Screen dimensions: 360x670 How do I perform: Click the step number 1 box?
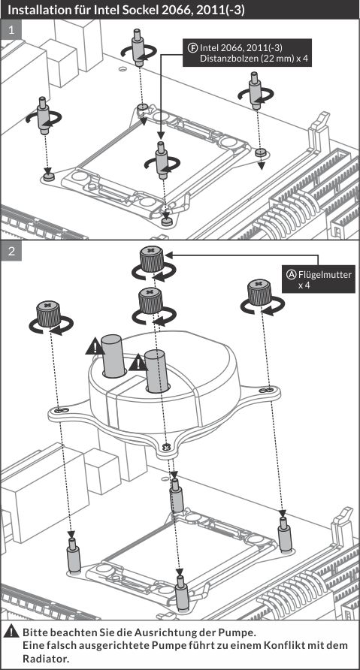[x=11, y=30]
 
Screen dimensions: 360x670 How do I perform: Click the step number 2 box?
[x=11, y=251]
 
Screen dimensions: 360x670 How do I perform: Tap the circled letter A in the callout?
[x=291, y=274]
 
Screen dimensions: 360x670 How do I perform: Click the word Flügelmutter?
[x=325, y=274]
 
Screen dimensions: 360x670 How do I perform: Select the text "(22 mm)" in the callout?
[x=266, y=58]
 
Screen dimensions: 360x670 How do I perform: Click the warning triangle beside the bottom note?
[x=11, y=632]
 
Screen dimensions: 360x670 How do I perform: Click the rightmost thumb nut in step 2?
[x=260, y=292]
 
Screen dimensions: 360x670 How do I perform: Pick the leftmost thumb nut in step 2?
[x=48, y=314]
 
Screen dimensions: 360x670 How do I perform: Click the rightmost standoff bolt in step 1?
[x=256, y=91]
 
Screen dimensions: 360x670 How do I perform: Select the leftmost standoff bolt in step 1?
[x=44, y=116]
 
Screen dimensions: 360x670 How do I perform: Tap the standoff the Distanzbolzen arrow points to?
[x=161, y=160]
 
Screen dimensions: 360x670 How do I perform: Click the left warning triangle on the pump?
[x=95, y=346]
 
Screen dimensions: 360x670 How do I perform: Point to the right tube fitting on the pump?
[x=156, y=371]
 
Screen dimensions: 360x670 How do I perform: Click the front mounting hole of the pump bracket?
[x=167, y=447]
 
